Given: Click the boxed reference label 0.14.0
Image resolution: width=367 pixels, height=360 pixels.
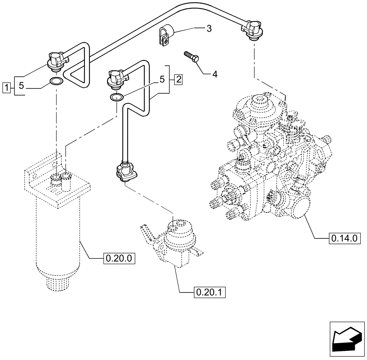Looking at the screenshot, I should tap(344, 239).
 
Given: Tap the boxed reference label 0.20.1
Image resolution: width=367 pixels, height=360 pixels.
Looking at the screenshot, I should tap(209, 293).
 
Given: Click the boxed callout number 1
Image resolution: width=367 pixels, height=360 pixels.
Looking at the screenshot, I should tap(6, 87).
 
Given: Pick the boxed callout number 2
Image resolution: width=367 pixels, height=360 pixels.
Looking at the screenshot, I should tap(178, 79).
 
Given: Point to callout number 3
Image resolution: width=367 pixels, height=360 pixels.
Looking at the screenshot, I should tap(208, 29).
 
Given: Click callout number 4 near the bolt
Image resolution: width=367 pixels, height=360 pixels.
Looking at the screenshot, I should tap(215, 74).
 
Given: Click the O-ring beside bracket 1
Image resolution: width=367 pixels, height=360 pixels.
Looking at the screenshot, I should tap(55, 81).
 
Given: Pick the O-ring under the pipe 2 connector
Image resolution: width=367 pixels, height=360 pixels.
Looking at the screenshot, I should tap(116, 97).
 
